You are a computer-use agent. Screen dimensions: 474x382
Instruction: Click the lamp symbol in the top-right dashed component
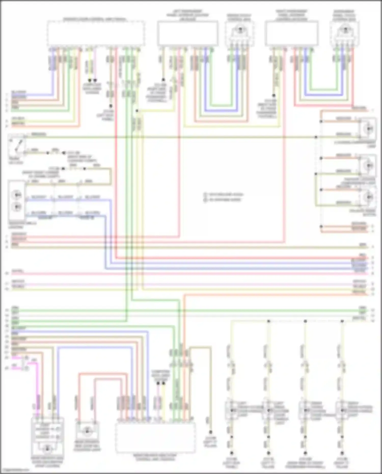[x=345, y=30]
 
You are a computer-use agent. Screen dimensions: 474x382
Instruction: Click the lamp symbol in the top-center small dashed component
[x=240, y=30]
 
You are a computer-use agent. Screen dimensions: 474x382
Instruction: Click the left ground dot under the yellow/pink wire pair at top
[x=89, y=80]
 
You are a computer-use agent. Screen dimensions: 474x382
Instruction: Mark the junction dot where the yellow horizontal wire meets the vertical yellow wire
[x=137, y=111]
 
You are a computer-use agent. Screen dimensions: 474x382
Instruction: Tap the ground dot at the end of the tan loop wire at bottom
[x=211, y=432]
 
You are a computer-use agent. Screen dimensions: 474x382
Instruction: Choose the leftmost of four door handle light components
[x=231, y=410]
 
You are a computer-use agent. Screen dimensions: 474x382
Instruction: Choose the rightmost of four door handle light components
[x=342, y=410]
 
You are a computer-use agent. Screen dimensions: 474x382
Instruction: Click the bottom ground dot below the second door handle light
[x=268, y=453]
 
